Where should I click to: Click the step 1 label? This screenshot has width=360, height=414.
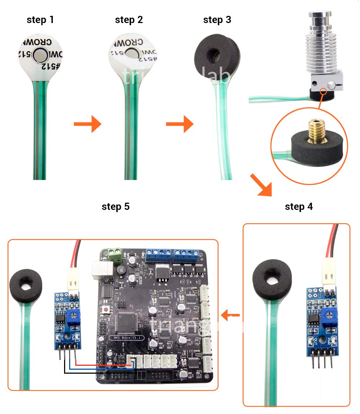[x=40, y=20]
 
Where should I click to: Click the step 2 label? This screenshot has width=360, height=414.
[x=129, y=20]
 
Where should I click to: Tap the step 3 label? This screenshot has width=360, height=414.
[x=217, y=20]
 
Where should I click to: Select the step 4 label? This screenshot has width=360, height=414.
[x=299, y=207]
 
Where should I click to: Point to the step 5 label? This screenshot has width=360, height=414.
[x=116, y=207]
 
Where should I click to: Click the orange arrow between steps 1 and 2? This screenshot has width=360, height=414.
[x=87, y=124]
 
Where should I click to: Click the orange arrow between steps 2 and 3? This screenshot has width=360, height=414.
[x=180, y=124]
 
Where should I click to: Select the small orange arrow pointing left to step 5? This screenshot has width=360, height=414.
[x=230, y=316]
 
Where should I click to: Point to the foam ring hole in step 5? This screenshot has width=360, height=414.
[x=26, y=286]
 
